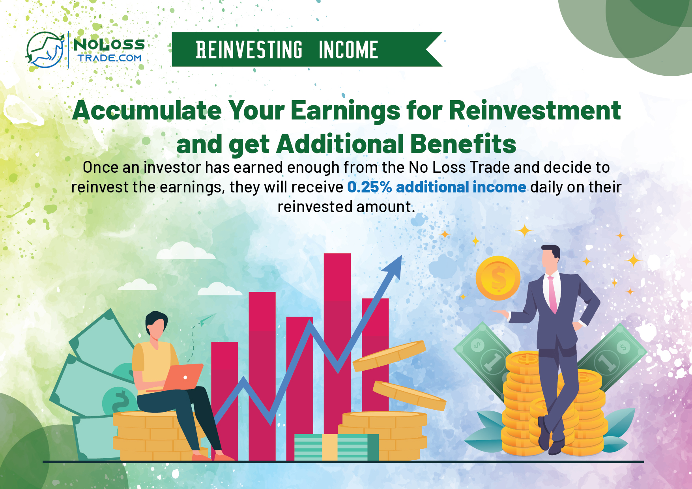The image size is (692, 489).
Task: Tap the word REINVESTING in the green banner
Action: pos(249,50)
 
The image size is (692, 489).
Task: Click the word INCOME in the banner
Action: pos(348,50)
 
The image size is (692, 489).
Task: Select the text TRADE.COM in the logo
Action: pos(109,58)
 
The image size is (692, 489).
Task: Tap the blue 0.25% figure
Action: pos(369,187)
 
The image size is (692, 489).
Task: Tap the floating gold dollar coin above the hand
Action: pos(498,278)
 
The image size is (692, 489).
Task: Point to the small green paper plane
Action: pos(208,319)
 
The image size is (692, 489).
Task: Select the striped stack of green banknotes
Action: pos(337,447)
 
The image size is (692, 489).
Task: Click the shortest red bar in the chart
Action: pos(224,400)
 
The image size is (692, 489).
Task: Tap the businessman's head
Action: pos(551,258)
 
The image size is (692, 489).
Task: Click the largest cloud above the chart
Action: pos(185,251)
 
